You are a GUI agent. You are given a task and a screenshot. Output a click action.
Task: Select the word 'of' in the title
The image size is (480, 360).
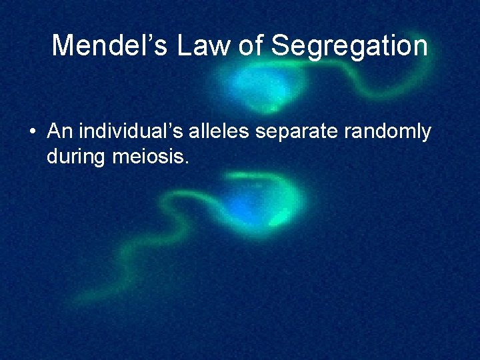255,46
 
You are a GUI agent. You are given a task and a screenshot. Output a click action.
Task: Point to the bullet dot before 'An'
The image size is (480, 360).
33,133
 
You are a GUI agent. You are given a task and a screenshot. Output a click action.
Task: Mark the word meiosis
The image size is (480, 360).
149,158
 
